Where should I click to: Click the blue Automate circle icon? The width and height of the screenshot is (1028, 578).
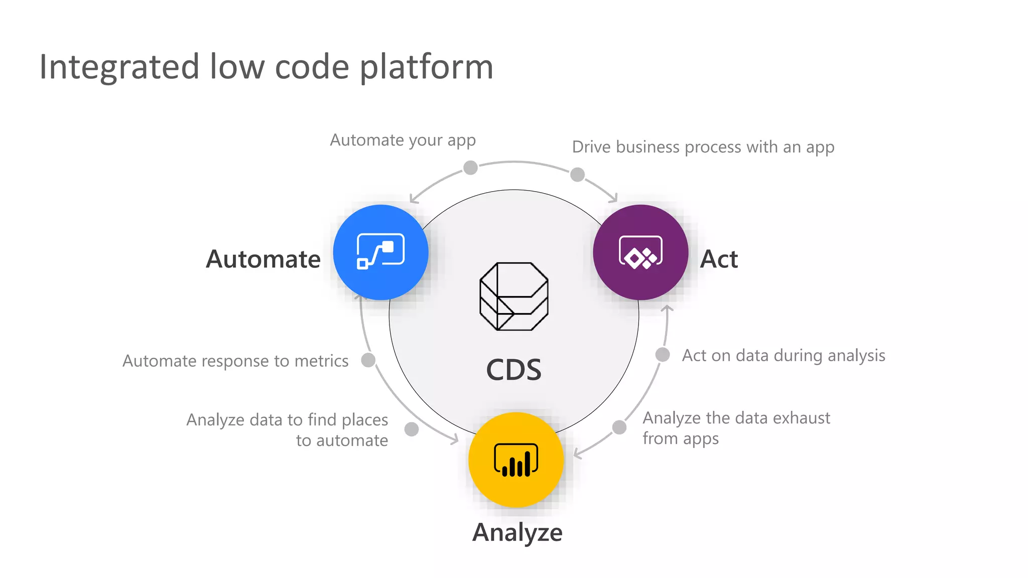point(380,252)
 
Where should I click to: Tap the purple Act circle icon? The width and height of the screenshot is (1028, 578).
point(640,252)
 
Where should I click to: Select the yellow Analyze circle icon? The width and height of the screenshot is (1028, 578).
point(516,460)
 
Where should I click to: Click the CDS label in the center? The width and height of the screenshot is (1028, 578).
point(513,370)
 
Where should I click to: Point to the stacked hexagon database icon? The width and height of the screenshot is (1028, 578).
point(513,296)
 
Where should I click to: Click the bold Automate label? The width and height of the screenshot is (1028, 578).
point(263,259)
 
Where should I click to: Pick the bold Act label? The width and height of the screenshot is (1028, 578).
point(719,259)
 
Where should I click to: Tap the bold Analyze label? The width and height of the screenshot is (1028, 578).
point(517,532)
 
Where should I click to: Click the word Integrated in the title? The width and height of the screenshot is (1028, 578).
point(119,67)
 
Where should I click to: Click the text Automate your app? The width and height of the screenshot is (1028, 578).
point(403,140)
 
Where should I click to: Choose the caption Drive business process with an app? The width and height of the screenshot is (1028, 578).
point(703,147)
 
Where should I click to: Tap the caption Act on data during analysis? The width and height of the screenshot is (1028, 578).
point(783,355)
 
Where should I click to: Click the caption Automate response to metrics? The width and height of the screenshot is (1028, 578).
point(235,361)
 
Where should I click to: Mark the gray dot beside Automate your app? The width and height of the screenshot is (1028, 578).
point(470,168)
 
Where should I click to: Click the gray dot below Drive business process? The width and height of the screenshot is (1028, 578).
point(577,175)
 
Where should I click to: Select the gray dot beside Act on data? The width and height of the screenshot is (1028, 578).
point(663,355)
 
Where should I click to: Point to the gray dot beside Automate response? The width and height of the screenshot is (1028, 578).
point(368,360)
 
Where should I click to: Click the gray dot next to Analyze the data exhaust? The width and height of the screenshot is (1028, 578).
point(619,427)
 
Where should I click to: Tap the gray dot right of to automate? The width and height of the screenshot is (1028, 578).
point(412,429)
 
